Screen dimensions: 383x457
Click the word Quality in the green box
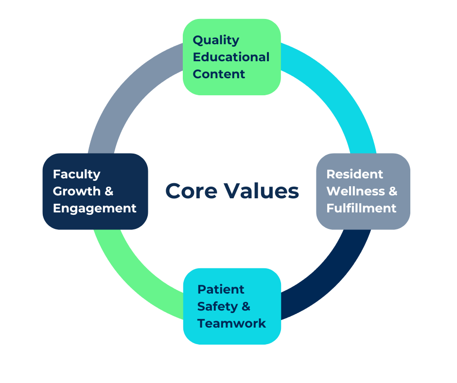[216, 40]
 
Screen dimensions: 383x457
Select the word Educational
[231, 57]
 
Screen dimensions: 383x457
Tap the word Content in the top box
[219, 74]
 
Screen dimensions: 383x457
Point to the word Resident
[354, 174]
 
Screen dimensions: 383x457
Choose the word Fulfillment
[361, 208]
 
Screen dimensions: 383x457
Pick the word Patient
[221, 289]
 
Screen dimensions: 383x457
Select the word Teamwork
[231, 323]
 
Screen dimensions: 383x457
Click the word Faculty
[76, 174]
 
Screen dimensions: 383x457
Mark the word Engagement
[94, 208]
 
